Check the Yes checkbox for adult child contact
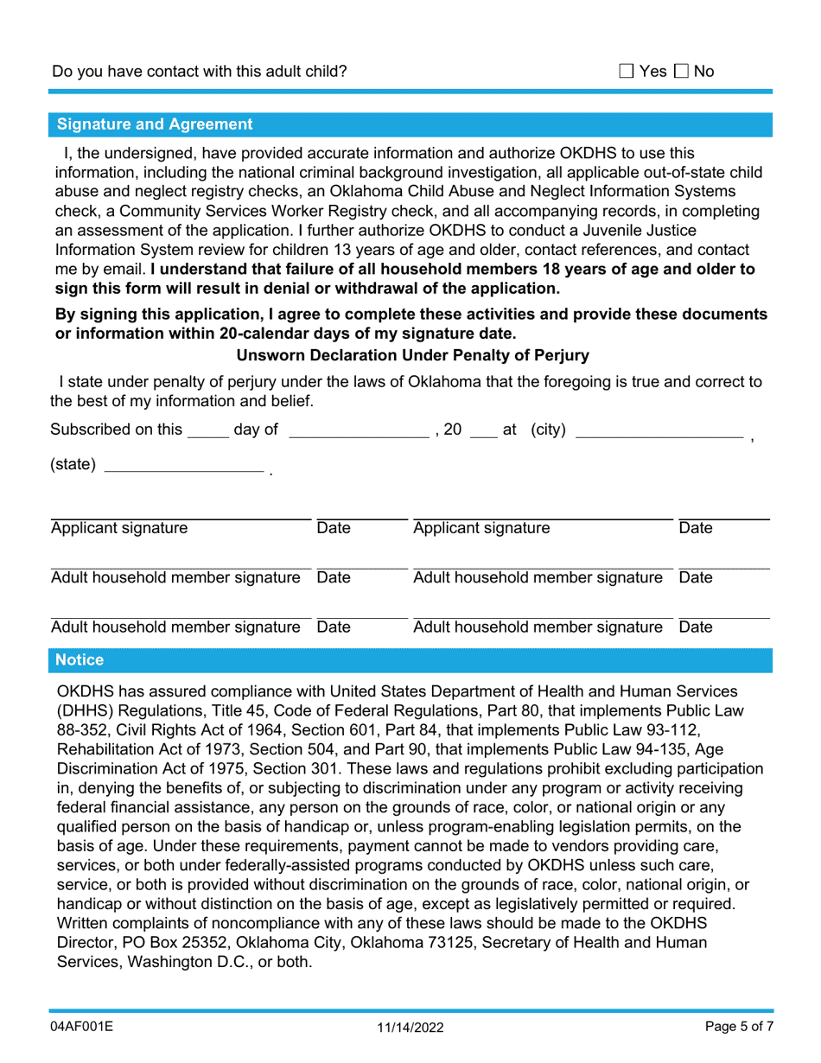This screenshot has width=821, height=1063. click(627, 71)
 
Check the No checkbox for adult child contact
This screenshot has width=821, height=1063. click(681, 71)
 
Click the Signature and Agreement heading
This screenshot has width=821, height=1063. click(155, 124)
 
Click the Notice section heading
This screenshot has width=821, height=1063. click(80, 660)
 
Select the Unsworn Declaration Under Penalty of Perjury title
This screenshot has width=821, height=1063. click(412, 355)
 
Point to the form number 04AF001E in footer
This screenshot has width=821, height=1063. click(83, 1027)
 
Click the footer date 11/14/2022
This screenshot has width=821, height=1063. click(410, 1028)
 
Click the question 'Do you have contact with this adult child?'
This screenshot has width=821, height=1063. click(200, 71)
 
